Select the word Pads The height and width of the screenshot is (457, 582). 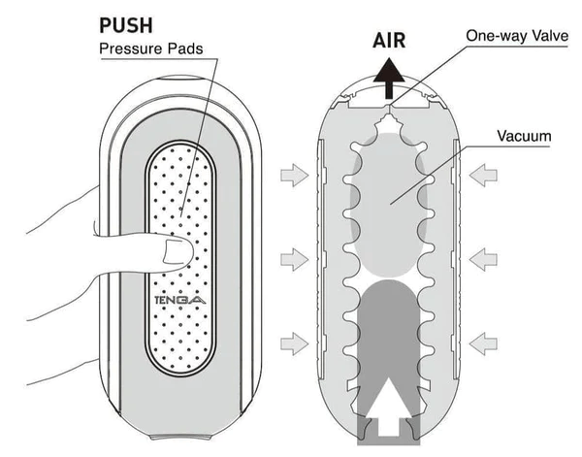tap(185, 49)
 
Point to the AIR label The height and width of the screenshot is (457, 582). tap(389, 41)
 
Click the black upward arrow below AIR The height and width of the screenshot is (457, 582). tap(389, 77)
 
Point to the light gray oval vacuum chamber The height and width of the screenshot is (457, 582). tap(391, 204)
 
